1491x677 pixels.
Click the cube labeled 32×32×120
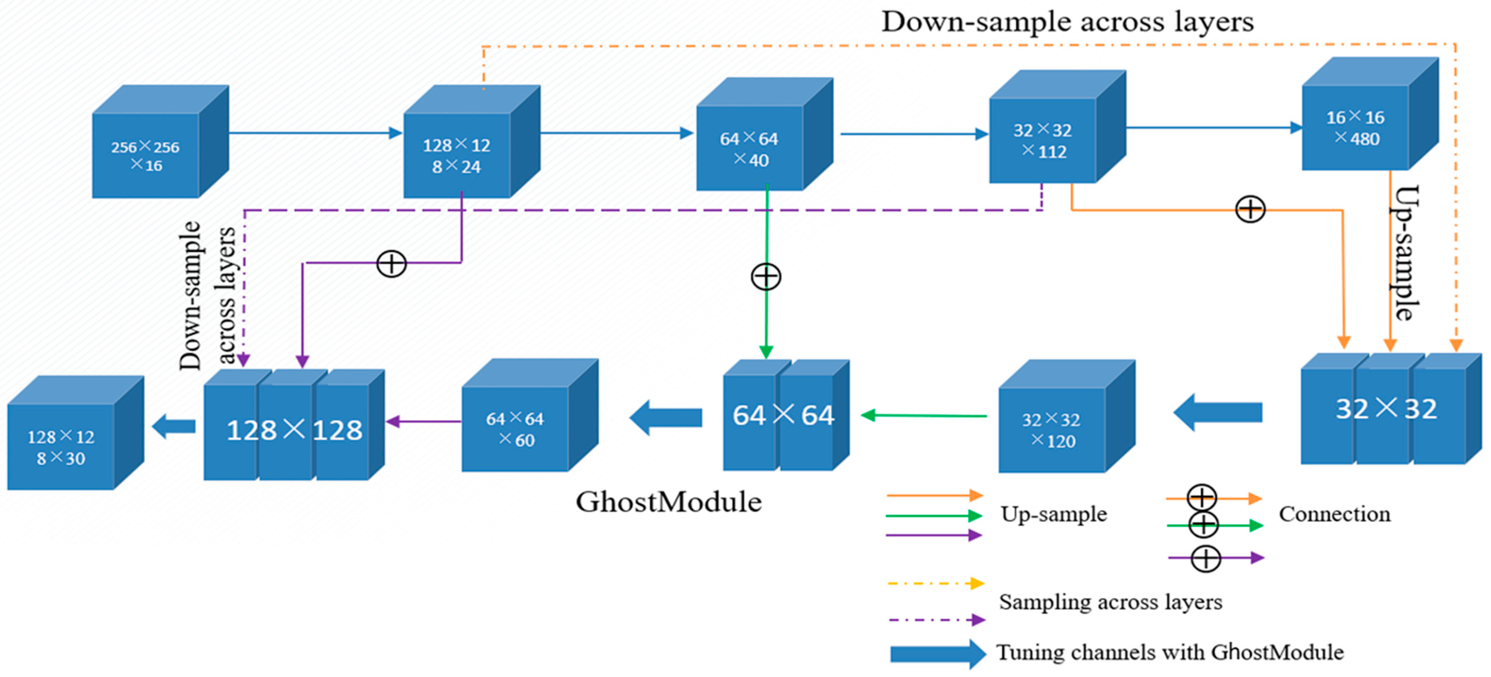[1052, 430]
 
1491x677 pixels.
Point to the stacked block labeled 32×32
[1386, 409]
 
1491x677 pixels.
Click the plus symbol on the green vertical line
[766, 276]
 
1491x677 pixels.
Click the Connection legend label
[1334, 514]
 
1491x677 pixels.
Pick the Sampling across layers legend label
[1110, 602]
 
